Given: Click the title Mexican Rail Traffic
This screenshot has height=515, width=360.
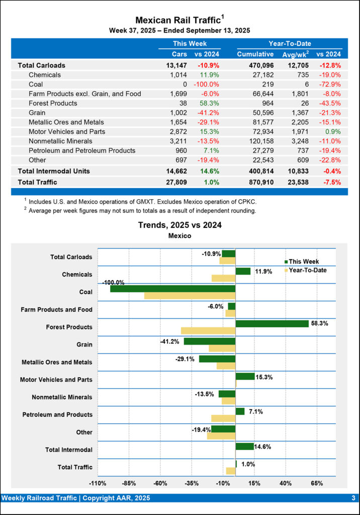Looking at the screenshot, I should click(178, 20).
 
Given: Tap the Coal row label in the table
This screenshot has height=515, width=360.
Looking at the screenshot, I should click(35, 84).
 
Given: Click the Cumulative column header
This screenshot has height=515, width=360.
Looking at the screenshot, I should click(255, 54).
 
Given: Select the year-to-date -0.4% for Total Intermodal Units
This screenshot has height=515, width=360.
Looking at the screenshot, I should click(331, 171).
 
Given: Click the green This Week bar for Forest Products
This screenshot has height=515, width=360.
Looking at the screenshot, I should click(272, 323).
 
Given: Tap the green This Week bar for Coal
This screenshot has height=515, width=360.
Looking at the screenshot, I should click(172, 289).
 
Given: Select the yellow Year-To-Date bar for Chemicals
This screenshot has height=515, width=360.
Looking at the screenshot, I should click(223, 278).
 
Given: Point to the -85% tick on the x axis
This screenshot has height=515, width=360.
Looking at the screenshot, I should click(129, 484).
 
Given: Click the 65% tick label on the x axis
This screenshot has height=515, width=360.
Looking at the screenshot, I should click(316, 484).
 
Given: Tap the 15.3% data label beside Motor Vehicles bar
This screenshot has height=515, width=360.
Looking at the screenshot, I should click(264, 377).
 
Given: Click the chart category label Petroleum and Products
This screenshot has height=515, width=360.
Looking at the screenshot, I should click(57, 415).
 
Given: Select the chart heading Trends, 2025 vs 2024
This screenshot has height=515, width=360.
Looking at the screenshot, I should click(180, 225).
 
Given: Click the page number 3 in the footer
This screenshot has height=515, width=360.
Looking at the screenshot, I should click(353, 498).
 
